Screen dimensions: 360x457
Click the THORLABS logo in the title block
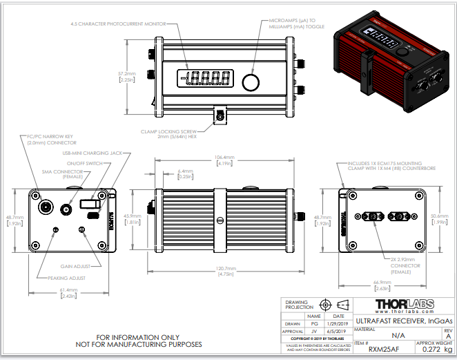point(405,305)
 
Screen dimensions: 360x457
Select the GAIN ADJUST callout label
point(77,265)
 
